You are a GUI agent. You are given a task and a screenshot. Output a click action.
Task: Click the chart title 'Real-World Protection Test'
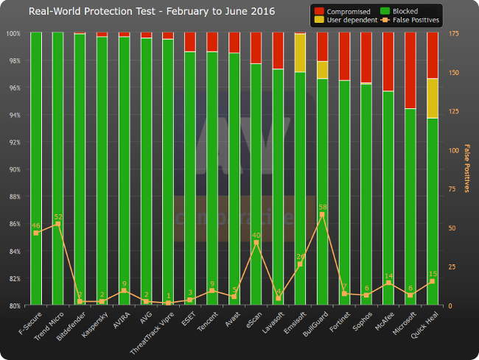pyautogui.click(x=141, y=12)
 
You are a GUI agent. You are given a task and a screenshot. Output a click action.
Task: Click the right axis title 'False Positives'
pyautogui.click(x=466, y=169)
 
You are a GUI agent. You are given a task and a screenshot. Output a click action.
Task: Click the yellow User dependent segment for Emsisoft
pyautogui.click(x=300, y=52)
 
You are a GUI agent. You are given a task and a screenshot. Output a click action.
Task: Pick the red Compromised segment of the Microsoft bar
pyautogui.click(x=410, y=70)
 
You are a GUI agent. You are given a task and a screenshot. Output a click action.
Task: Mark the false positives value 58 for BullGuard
pyautogui.click(x=322, y=207)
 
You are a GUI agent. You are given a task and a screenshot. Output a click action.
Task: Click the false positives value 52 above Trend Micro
pyautogui.click(x=58, y=216)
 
